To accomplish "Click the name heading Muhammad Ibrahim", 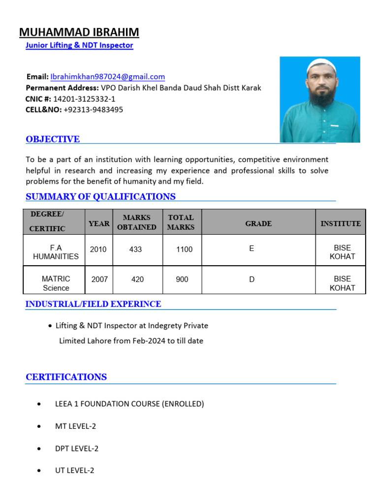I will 79,32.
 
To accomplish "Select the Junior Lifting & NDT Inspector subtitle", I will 79,46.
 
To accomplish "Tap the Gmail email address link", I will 107,77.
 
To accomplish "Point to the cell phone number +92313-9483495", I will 94,110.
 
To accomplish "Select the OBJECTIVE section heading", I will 53,140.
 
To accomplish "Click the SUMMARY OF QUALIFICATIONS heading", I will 100,197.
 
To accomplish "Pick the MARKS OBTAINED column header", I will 136,222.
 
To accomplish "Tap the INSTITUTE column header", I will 341,224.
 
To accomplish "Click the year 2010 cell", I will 98,250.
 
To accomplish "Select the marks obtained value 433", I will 136,250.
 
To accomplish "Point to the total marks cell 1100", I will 185,250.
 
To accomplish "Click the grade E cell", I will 252,249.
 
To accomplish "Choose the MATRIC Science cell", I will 56,283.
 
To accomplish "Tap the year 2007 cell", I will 100,279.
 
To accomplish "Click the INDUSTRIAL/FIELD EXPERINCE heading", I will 93,304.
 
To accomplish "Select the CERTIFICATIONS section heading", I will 66,377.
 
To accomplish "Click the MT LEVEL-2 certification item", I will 75,426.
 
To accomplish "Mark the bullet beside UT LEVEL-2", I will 39,471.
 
